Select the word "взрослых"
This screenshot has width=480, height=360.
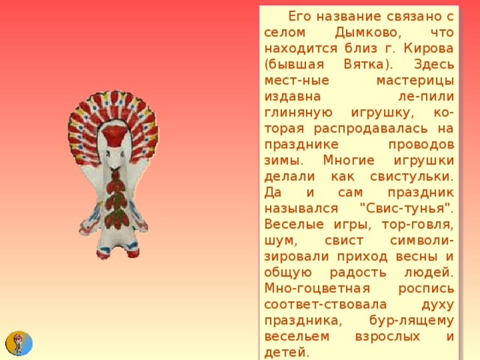tap(384, 334)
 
